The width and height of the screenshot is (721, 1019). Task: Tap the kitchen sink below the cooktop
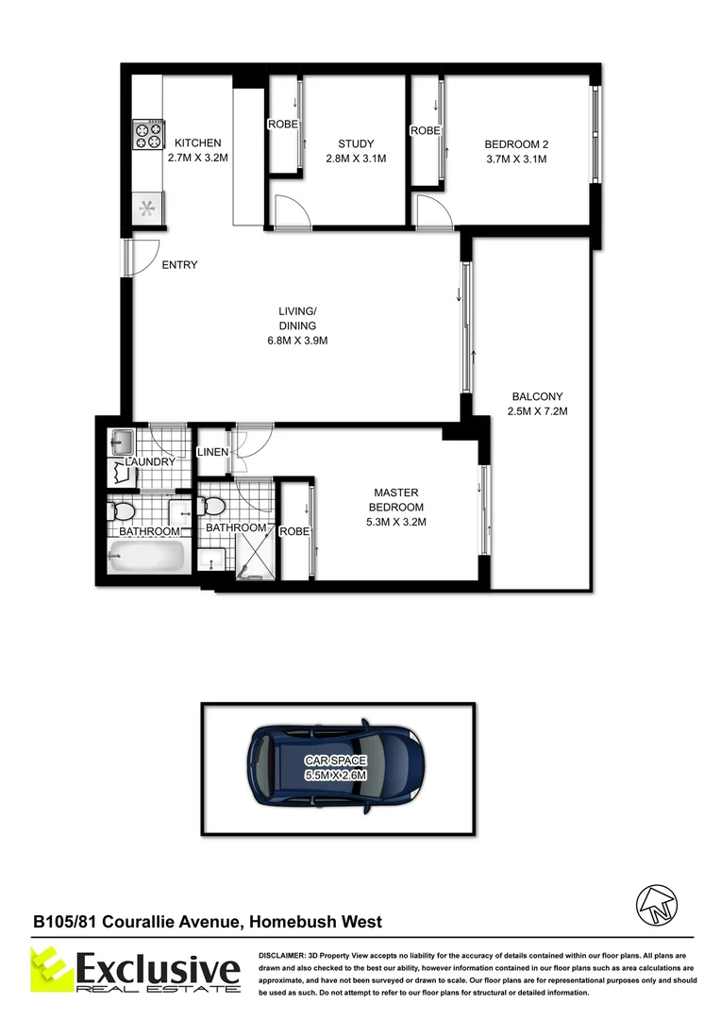[148, 209]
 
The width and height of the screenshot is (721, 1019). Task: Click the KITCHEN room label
[196, 143]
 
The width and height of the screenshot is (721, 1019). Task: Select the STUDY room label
[356, 144]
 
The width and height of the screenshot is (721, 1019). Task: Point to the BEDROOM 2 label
[516, 144]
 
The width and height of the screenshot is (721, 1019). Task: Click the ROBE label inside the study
[283, 125]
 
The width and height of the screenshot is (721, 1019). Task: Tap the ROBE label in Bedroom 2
[425, 131]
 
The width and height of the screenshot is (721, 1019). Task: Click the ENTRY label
[179, 265]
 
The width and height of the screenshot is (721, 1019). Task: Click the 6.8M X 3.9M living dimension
[297, 341]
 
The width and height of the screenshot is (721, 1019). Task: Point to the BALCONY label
[537, 396]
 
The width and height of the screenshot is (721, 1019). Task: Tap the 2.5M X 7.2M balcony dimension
[537, 410]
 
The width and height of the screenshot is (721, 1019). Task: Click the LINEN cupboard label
[212, 453]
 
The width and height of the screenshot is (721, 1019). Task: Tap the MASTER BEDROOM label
[396, 500]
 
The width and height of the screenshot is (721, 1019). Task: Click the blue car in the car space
[336, 767]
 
